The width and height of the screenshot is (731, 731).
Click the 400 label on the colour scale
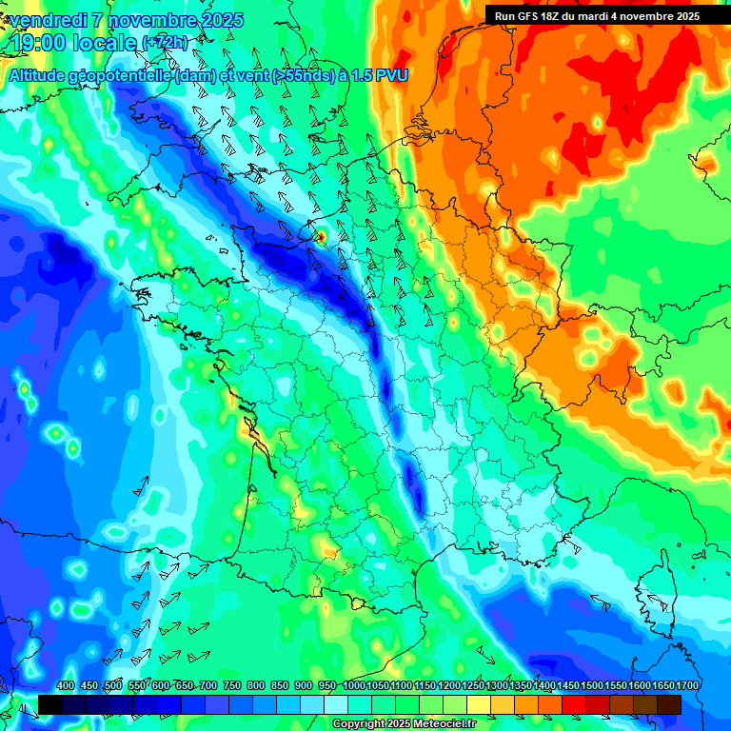66,686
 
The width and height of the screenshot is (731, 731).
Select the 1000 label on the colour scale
354,686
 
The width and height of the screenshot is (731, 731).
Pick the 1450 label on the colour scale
568,686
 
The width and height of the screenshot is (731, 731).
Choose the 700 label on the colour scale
208,686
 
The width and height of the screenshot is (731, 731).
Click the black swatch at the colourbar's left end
50,704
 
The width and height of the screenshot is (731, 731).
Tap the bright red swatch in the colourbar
574,704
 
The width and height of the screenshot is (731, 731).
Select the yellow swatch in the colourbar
479,704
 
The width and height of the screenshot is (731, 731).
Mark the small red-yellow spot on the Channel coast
321,235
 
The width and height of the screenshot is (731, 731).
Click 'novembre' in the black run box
645,16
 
